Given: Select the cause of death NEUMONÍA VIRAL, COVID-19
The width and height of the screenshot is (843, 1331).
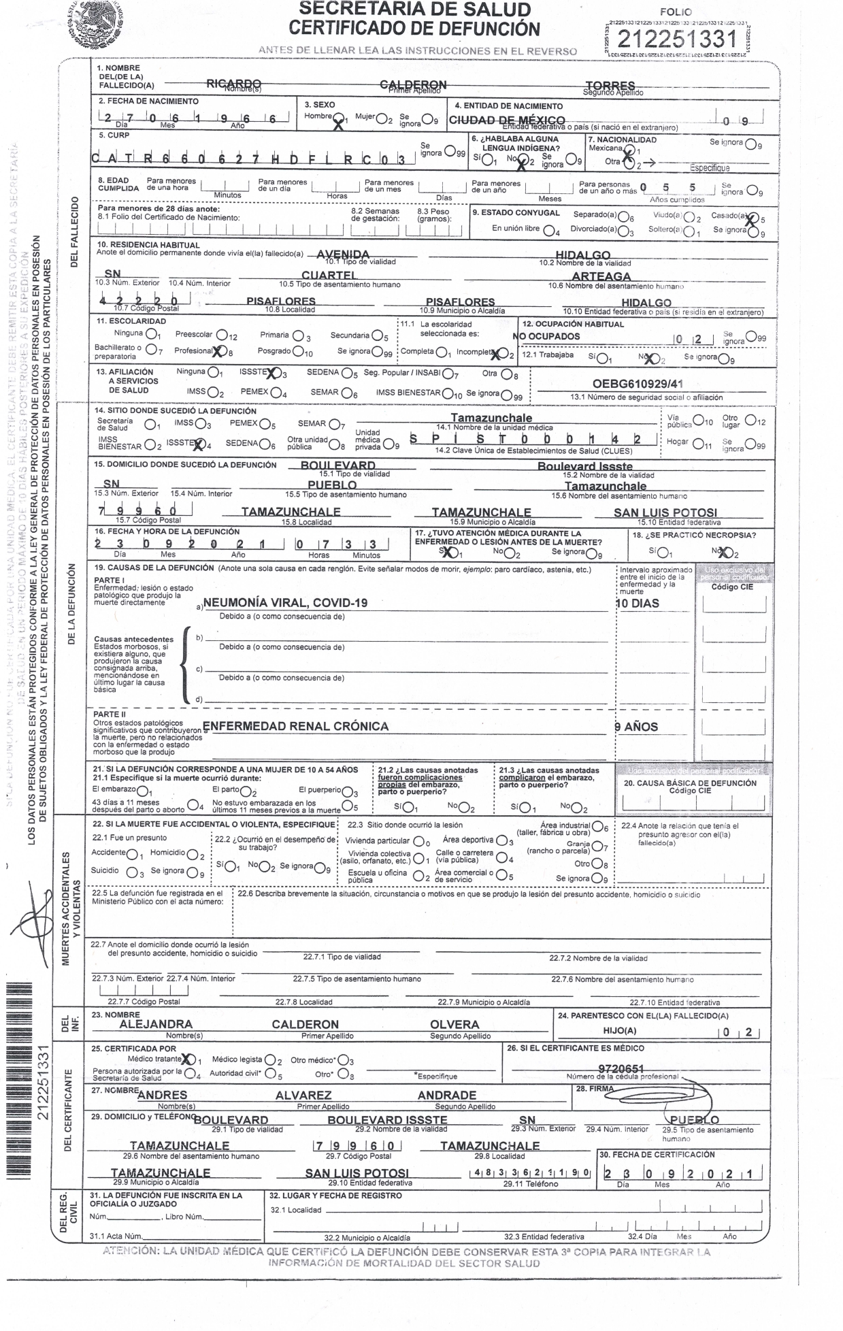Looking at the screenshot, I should click(x=285, y=603).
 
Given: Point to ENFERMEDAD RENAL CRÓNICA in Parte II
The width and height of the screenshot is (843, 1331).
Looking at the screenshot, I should click(x=296, y=726).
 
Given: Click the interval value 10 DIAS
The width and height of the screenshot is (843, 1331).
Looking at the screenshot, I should click(x=637, y=604).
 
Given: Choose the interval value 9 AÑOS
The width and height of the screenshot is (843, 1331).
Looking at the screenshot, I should click(x=636, y=727).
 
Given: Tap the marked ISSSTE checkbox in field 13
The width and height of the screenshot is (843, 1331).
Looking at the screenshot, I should click(x=273, y=373).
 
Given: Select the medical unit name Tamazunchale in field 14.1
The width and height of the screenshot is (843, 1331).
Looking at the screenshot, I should click(x=491, y=418).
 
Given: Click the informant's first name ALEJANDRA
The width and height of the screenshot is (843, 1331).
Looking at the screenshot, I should click(x=156, y=1024).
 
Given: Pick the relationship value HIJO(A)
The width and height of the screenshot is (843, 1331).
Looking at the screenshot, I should click(x=620, y=1031).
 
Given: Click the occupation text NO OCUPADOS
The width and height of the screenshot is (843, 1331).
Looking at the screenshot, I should click(x=546, y=336).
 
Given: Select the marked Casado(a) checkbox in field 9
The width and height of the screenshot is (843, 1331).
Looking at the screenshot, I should click(x=751, y=218).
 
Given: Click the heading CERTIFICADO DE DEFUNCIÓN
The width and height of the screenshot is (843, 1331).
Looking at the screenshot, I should click(x=414, y=28).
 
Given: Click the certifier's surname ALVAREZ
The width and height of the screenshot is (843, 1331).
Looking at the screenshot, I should click(x=303, y=1095).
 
